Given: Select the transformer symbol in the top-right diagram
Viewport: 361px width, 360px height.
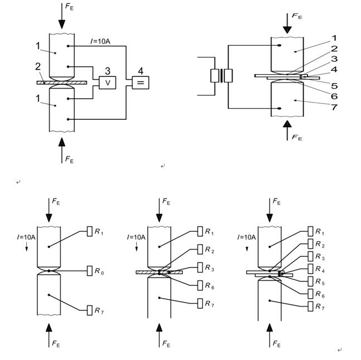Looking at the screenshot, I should tap(222, 76).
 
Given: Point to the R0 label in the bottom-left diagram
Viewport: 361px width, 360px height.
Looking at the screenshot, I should tap(98, 271).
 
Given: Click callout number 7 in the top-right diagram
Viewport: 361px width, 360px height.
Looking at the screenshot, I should tap(334, 107).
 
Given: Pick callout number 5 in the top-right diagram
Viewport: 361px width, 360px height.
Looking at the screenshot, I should tap(334, 86).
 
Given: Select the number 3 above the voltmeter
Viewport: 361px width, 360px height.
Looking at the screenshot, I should tap(108, 71).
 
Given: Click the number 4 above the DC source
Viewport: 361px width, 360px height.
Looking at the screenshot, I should tap(141, 71).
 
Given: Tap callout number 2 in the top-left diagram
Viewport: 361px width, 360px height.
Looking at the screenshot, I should tap(38, 67).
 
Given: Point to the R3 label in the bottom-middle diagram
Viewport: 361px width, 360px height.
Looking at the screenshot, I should tap(209, 269).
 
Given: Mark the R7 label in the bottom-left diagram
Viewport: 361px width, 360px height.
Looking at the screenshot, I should tap(98, 310).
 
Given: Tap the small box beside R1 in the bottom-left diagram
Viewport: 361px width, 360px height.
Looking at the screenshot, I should tap(90, 232).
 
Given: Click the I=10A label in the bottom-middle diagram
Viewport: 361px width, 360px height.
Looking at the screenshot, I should tap(136, 237).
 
